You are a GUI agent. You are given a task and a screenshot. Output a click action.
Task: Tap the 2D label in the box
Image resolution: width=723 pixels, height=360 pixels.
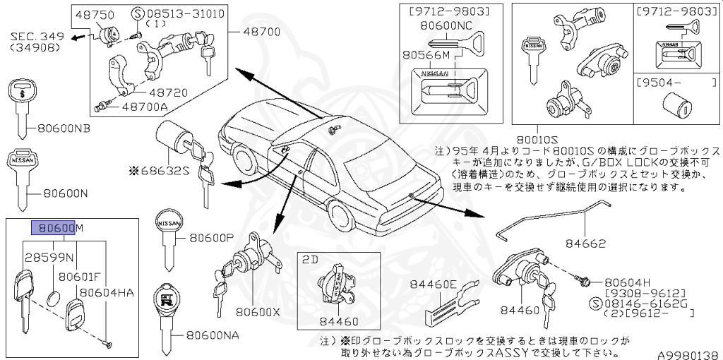[309, 259]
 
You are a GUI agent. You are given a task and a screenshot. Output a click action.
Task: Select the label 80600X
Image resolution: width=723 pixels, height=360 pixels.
[258, 311]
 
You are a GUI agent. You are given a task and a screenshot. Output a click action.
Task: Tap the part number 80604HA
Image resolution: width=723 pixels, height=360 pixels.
[107, 292]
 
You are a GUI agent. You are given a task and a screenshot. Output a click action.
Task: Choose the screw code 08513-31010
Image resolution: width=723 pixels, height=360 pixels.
[177, 13]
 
